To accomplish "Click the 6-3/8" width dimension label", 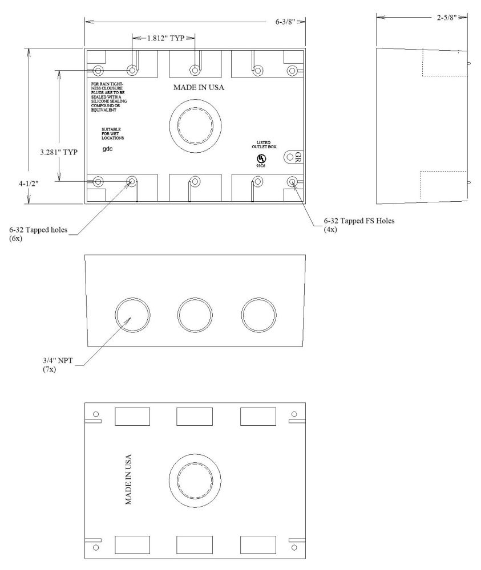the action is click(285, 22).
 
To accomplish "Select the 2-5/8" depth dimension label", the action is click(447, 17).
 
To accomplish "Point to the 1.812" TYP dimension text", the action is click(165, 38).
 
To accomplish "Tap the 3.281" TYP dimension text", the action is click(59, 152).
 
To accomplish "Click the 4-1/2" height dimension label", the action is click(29, 184).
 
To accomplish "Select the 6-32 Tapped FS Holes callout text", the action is click(359, 225).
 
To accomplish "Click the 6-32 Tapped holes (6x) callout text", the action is click(38, 234).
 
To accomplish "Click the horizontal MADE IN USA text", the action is click(199, 87).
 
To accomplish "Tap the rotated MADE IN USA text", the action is click(128, 479).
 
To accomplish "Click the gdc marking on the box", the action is click(107, 149).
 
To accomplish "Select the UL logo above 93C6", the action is click(261, 158).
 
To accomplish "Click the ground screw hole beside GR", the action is click(290, 157).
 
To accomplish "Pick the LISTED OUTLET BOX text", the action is click(264, 145).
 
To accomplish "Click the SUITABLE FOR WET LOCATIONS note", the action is click(112, 134).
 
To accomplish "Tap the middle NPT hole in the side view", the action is click(195, 315).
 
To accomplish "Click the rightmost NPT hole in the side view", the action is click(258, 315).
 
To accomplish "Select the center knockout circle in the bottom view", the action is click(195, 480).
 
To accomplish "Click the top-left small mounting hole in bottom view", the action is click(96, 414).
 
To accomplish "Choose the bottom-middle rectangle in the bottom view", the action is click(195, 545).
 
